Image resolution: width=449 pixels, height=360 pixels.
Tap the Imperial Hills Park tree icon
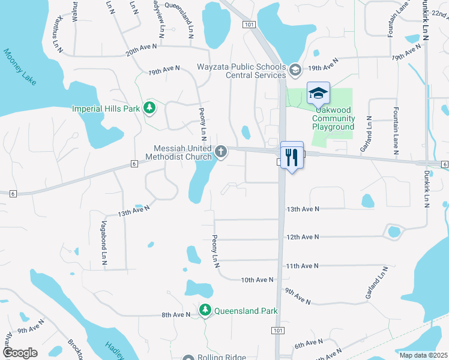[x=149, y=109]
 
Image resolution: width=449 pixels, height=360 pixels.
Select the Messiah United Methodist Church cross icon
[x=221, y=152]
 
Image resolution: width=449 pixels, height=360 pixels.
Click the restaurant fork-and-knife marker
[x=292, y=157]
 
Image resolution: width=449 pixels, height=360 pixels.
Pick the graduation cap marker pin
[x=318, y=94]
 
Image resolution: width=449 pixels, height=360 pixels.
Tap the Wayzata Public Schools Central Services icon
[x=295, y=71]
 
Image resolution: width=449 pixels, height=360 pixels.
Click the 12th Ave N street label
[x=303, y=237]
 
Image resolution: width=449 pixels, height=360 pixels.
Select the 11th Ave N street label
[x=302, y=265]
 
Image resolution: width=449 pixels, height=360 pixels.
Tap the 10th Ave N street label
[x=257, y=280]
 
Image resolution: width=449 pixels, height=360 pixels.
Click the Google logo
[x=19, y=353]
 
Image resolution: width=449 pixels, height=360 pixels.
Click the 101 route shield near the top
[x=248, y=24]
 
